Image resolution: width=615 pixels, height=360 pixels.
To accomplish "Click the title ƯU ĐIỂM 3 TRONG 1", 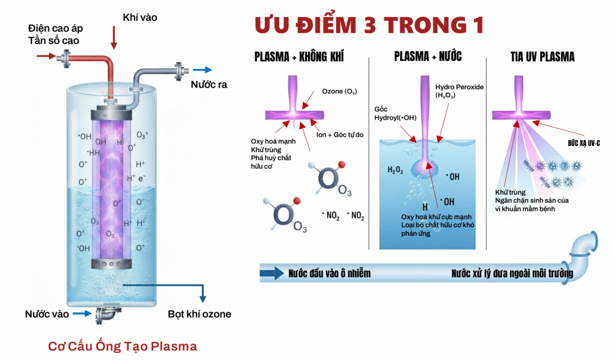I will click(369, 26).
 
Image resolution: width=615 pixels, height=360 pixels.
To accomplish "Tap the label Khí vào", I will click(140, 17).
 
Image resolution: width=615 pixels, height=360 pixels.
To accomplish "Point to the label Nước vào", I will click(47, 314).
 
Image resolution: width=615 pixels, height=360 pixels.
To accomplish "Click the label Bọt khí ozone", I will click(199, 314).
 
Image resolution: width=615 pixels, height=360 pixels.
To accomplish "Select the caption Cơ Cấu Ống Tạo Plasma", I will click(122, 346).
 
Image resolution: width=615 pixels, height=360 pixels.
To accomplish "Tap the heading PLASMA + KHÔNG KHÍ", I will click(299, 57).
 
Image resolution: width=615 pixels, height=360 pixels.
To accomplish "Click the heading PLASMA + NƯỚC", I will click(427, 57).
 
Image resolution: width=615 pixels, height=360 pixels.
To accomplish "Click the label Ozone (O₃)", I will click(339, 92).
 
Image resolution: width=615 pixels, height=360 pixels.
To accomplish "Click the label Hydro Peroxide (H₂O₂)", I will click(459, 91).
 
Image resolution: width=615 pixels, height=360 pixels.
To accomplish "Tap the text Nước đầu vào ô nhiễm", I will click(329, 273).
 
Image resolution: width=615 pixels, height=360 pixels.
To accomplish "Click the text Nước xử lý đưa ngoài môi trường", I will click(512, 273).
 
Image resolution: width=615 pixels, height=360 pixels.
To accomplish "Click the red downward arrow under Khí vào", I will click(114, 38).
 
